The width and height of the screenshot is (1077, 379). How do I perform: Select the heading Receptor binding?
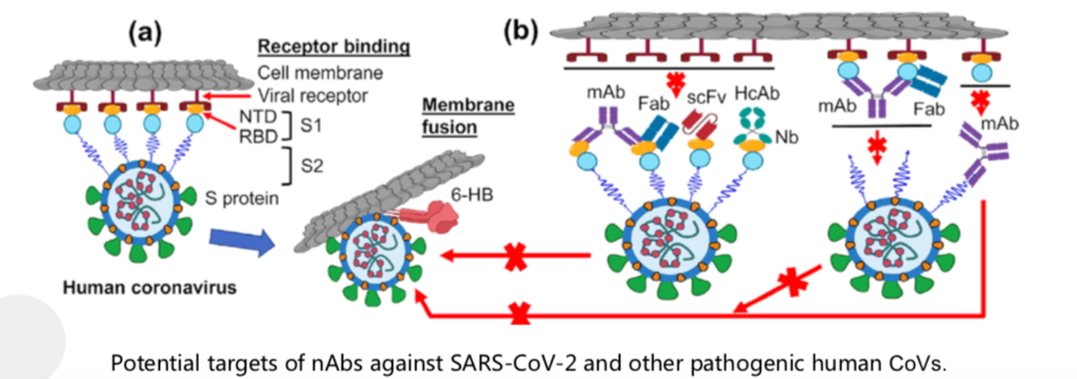(333, 48)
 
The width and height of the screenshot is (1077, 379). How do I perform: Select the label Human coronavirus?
(150, 288)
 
